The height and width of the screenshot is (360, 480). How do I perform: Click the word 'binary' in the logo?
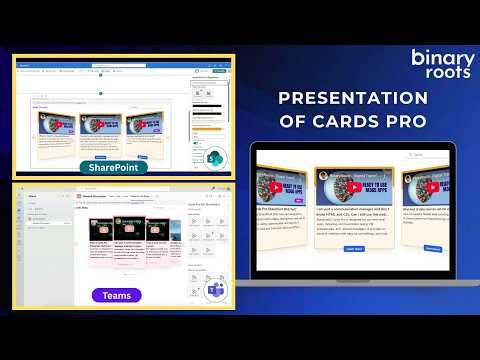(x=443, y=57)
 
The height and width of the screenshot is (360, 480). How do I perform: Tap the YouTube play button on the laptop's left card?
(x=274, y=187)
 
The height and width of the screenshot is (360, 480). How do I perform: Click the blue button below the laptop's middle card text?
(x=354, y=248)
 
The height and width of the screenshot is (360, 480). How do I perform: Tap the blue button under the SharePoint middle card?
(x=101, y=158)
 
